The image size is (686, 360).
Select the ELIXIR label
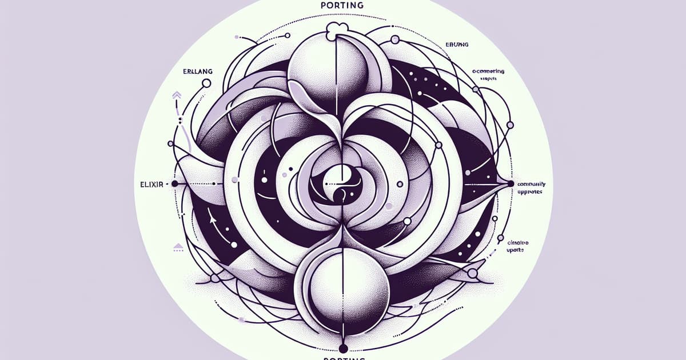tap(151, 184)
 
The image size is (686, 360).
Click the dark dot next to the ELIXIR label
tap(174, 184)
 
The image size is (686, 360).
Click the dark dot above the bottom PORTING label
tap(343, 347)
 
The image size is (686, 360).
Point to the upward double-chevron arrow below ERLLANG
tap(174, 95)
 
